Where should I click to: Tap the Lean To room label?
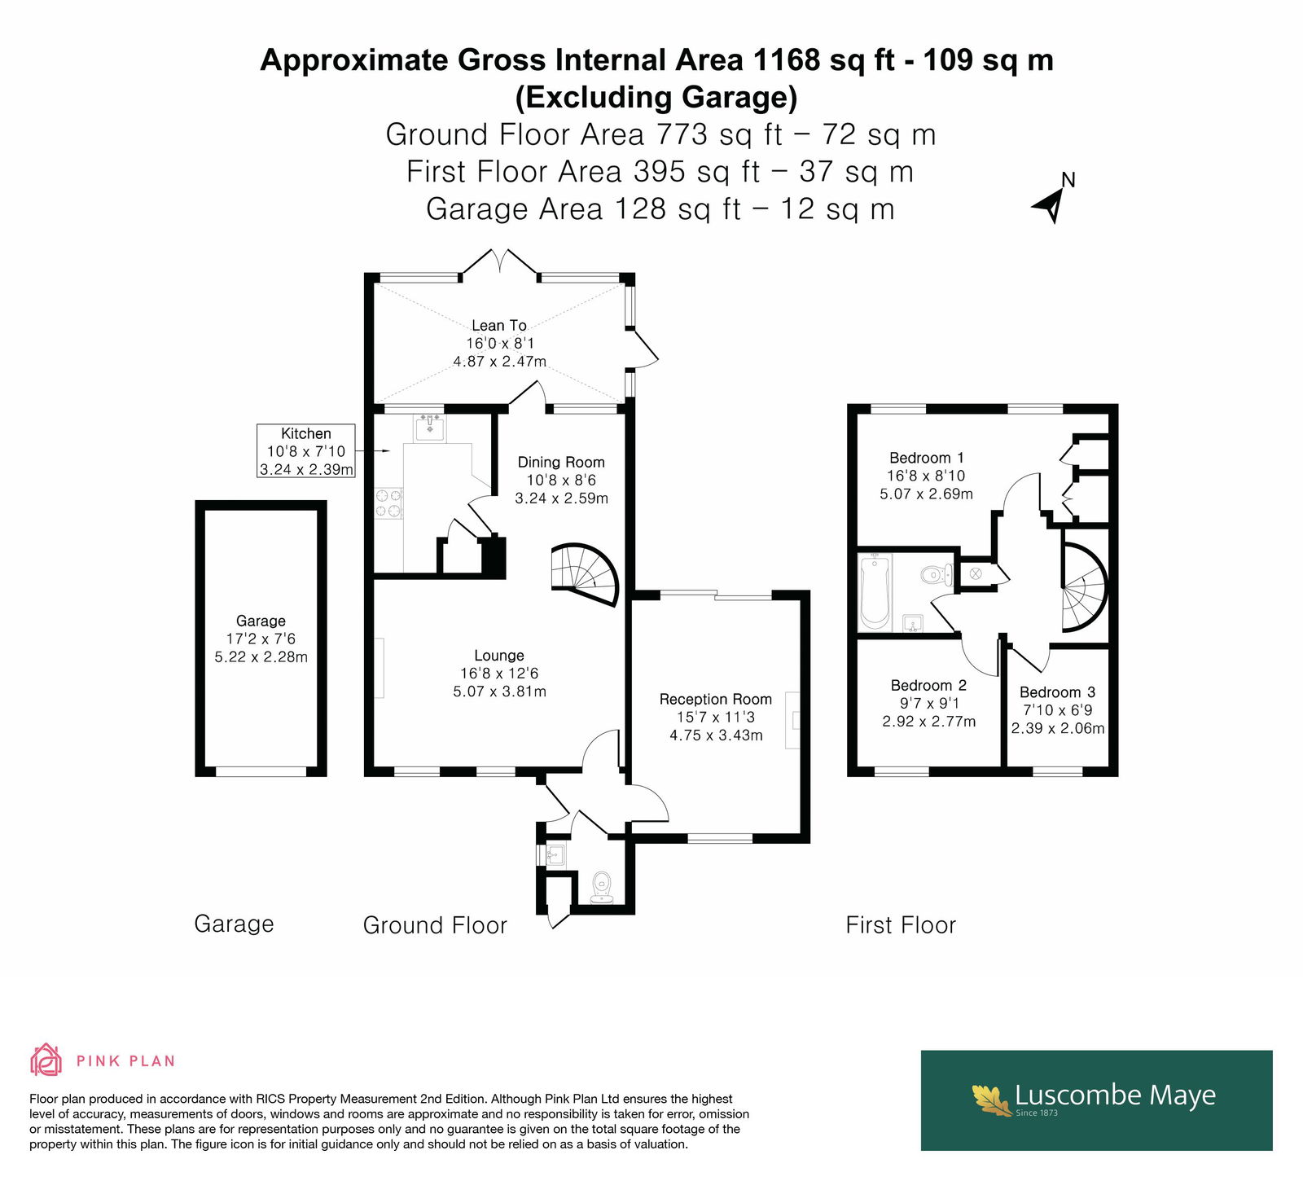tap(499, 326)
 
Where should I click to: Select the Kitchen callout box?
tap(306, 450)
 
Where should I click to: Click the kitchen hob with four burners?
tap(388, 503)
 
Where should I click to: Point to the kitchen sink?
tap(430, 428)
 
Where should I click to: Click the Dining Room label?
tap(561, 462)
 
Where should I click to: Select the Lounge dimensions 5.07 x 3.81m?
tap(499, 691)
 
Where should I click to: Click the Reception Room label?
tap(716, 699)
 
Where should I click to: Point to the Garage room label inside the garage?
tap(261, 621)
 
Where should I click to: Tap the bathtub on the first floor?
tap(875, 592)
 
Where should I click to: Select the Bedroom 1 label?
tap(927, 458)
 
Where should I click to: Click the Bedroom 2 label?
tap(928, 686)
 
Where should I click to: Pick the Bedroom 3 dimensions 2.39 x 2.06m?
tap(1058, 728)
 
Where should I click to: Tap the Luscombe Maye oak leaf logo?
tap(992, 1099)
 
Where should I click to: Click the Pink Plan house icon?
tap(46, 1060)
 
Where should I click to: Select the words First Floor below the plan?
tap(901, 925)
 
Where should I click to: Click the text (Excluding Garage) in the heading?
tap(656, 97)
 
